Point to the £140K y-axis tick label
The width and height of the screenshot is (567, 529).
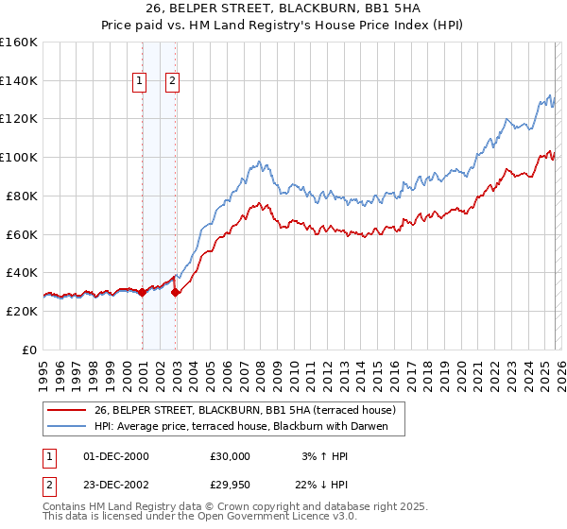click(19, 80)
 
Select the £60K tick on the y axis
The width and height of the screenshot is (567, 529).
click(22, 234)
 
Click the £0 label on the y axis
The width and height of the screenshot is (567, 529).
click(30, 350)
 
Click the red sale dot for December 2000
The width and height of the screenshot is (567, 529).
click(142, 292)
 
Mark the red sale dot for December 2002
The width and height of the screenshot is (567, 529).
click(176, 292)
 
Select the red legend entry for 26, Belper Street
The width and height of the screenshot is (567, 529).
click(249, 409)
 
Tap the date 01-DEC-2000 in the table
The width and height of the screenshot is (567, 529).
click(116, 455)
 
